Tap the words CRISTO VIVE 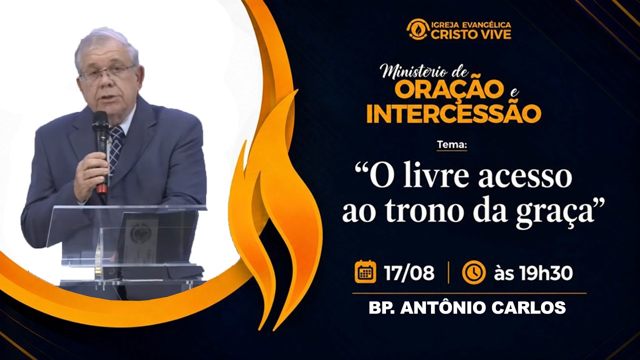click(471, 34)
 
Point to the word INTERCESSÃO click(454, 113)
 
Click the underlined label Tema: click(452, 145)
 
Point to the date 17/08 click(409, 273)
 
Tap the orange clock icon click(473, 272)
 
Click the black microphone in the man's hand click(101, 151)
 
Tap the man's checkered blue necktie click(115, 148)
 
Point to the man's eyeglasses click(106, 73)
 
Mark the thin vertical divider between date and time click(448, 273)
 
